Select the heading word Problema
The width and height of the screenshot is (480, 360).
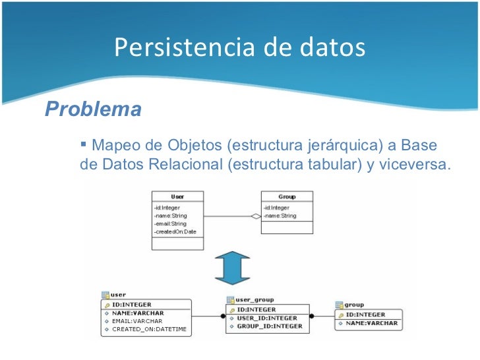[x=93, y=109]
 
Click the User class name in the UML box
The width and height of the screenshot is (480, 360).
[x=177, y=196]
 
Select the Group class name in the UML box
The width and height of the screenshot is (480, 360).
[x=287, y=196]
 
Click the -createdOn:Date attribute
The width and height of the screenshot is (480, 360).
[x=175, y=231]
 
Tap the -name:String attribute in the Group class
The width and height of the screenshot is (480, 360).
[x=280, y=216]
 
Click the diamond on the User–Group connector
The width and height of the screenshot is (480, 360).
[x=255, y=216]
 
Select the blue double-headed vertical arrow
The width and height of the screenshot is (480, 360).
[x=231, y=267]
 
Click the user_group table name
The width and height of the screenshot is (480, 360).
[x=255, y=299]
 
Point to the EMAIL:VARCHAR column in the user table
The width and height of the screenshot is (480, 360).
[x=137, y=321]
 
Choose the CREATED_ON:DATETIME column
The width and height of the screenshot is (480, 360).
[x=149, y=329]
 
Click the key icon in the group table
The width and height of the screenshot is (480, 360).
[x=340, y=315]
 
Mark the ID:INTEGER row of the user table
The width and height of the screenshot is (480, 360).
[x=132, y=305]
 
